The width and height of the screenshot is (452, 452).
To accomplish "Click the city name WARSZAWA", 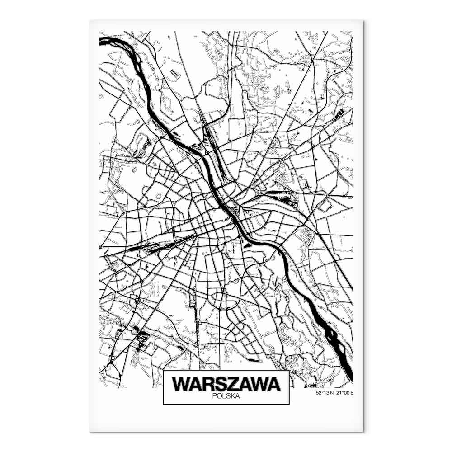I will click(x=226, y=384).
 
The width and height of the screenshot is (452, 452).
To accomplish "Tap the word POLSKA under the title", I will click(x=226, y=396).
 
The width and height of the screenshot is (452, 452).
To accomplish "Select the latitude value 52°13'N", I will click(x=324, y=393).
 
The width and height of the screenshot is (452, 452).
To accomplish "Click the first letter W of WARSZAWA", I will click(x=181, y=384).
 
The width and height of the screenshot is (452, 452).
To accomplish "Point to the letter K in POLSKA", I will click(x=232, y=396).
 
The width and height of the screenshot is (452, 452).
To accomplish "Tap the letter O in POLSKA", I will click(x=218, y=396).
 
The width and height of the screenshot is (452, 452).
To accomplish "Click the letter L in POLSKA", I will click(x=223, y=396).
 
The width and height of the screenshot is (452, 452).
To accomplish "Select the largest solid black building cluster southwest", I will click(x=141, y=337).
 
